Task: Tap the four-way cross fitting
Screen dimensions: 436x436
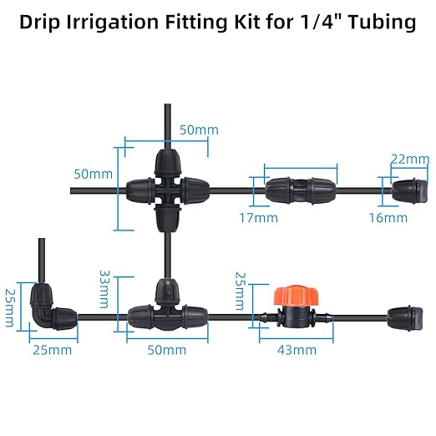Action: (167, 190)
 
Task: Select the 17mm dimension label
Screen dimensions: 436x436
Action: (259, 218)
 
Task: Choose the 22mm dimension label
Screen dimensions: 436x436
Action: (409, 159)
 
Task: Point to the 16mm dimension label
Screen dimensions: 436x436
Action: (388, 218)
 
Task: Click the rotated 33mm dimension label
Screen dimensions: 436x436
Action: (104, 287)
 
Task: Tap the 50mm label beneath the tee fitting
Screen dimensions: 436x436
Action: (166, 350)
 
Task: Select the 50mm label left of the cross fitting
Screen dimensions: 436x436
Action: (93, 174)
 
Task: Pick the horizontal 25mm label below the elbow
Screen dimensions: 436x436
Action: (51, 350)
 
